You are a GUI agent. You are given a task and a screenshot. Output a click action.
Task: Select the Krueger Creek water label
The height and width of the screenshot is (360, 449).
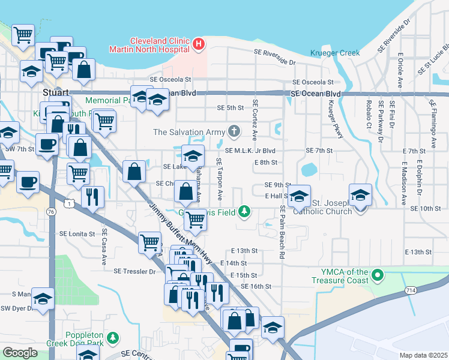[335, 53]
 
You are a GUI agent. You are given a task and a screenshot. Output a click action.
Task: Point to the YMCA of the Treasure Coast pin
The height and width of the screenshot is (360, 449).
[378, 275]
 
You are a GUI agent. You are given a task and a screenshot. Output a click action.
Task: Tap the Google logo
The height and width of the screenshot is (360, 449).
[20, 353]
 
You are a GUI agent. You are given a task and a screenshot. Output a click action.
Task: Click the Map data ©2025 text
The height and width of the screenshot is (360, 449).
[423, 355]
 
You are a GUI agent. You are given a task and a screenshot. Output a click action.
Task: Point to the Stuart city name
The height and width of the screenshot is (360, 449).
[56, 93]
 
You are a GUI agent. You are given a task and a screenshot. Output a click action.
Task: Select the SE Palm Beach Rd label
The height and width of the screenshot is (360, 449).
[281, 232]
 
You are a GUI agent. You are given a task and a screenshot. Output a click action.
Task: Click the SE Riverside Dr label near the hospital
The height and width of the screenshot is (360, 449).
[275, 62]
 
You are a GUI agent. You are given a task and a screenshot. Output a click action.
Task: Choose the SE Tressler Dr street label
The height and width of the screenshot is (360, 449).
[134, 271]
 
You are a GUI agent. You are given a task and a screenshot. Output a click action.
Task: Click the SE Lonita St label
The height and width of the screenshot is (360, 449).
[77, 233]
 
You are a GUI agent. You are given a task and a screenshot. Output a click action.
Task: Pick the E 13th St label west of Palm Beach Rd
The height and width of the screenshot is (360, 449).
[244, 250]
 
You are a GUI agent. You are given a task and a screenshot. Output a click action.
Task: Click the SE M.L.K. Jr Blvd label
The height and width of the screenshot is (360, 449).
[250, 151]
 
